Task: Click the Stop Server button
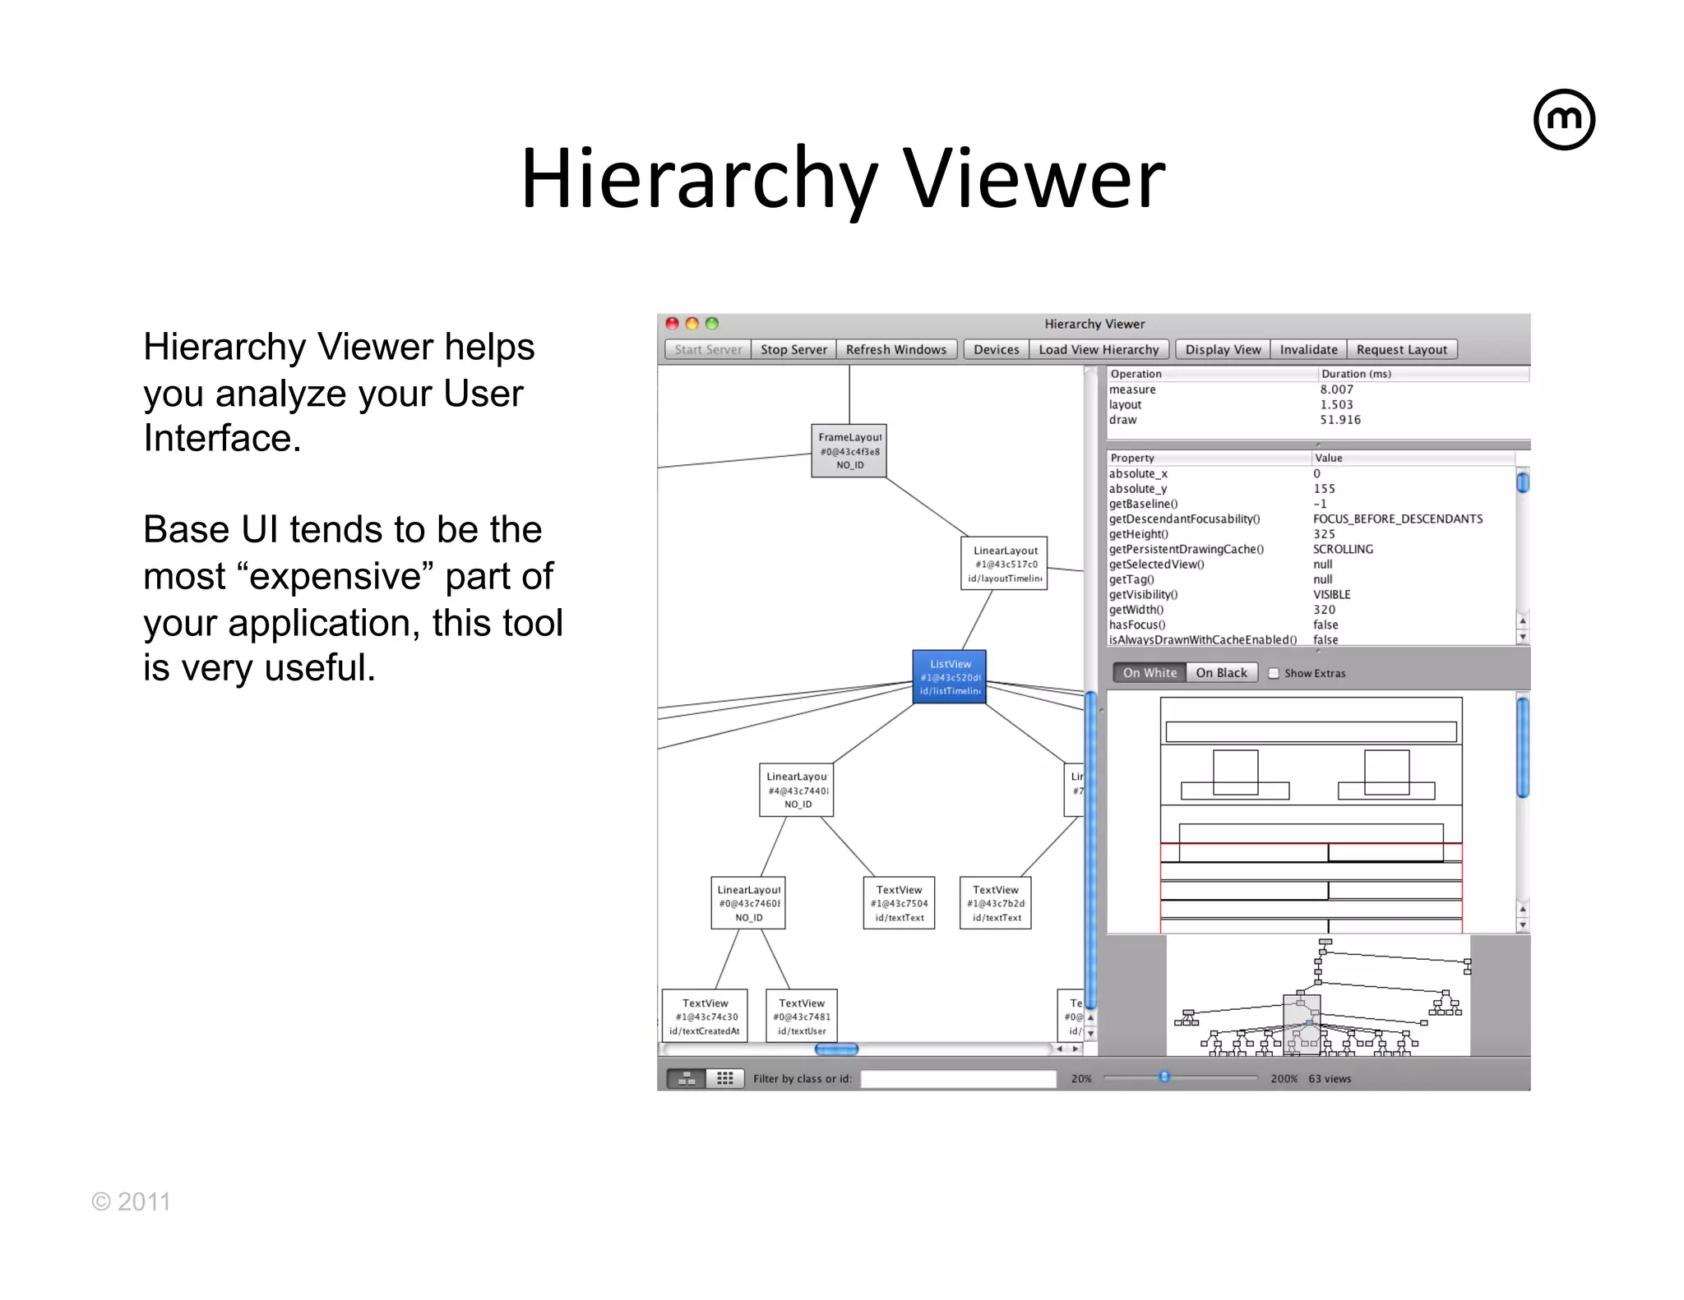coord(793,350)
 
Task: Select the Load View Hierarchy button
coord(1099,350)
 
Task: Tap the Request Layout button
coord(1401,350)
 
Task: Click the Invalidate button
coord(1308,350)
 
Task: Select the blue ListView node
coord(950,677)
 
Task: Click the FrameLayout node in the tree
coord(849,451)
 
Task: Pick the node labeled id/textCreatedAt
coord(705,1016)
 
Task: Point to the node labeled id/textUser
coord(802,1016)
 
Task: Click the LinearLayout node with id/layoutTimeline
coord(1005,564)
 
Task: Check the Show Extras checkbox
coord(1274,674)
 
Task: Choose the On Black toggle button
coord(1221,673)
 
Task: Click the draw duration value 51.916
coord(1340,420)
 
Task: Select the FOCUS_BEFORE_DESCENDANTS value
coord(1398,519)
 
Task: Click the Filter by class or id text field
coord(958,1079)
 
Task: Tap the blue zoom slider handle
coord(1164,1077)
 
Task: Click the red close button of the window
coord(672,324)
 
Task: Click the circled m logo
coord(1564,120)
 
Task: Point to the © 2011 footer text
coord(131,1202)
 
